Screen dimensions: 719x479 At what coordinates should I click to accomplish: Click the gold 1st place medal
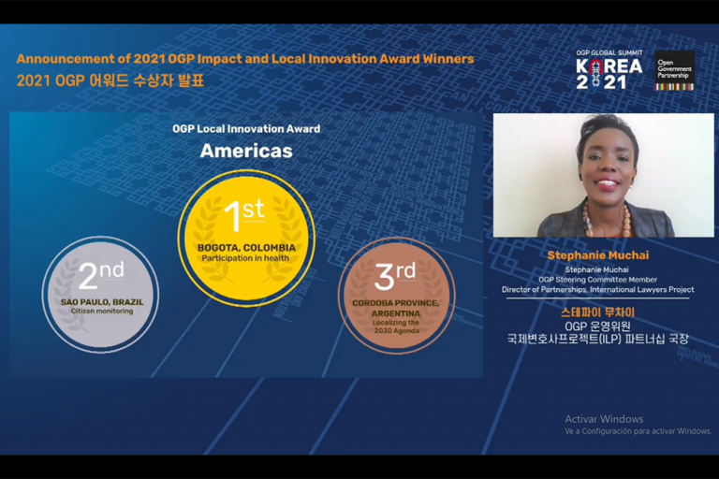click(246, 238)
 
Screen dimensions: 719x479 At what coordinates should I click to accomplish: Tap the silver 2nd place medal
click(100, 295)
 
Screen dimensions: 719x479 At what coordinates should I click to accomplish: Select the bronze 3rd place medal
click(396, 296)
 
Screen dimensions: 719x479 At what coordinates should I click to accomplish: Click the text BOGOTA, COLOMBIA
click(246, 248)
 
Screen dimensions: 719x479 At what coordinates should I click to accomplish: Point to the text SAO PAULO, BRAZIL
click(102, 302)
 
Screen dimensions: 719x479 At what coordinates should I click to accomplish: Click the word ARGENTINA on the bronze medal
click(396, 313)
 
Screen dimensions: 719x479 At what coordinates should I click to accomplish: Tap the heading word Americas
click(246, 151)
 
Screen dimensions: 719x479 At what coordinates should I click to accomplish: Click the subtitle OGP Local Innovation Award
click(246, 129)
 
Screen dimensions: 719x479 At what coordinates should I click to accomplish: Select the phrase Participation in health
click(245, 258)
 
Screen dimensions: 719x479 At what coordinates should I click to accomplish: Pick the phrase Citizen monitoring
click(102, 311)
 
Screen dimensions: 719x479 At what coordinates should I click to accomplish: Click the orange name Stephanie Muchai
click(598, 255)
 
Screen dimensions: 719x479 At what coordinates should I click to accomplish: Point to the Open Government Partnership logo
click(674, 70)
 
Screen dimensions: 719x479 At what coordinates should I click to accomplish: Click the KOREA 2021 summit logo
click(609, 69)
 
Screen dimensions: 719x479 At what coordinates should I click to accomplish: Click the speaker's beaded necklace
click(606, 220)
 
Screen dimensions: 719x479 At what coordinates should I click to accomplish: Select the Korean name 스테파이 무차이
click(597, 312)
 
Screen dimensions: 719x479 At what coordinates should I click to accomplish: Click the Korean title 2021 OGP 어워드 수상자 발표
click(110, 80)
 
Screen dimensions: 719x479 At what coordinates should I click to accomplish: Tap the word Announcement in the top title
click(66, 59)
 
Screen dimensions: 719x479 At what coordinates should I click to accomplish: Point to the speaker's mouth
click(607, 184)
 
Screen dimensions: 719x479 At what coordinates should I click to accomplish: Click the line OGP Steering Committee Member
click(597, 280)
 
